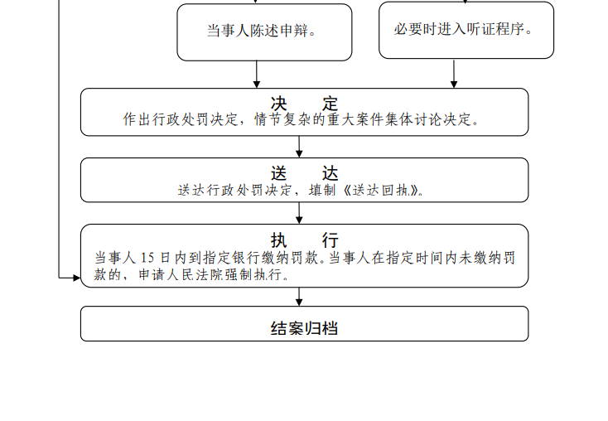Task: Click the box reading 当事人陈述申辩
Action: pos(264,32)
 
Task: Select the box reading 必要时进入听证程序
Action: pos(466,30)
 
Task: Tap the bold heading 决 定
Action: pos(304,104)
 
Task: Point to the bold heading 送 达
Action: pos(304,173)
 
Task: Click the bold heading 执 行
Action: pos(304,240)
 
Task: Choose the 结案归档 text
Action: pos(304,328)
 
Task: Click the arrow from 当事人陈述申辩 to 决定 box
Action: pos(256,75)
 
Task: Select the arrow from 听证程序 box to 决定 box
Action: pos(454,73)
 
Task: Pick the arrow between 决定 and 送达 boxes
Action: pos(299,147)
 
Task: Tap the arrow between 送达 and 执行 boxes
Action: pos(299,213)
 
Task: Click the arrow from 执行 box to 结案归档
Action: pos(299,297)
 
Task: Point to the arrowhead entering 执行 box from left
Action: pos(77,278)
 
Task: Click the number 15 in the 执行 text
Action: pos(147,258)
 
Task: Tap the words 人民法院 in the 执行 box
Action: pos(188,274)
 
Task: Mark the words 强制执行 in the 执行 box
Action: pos(247,274)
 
